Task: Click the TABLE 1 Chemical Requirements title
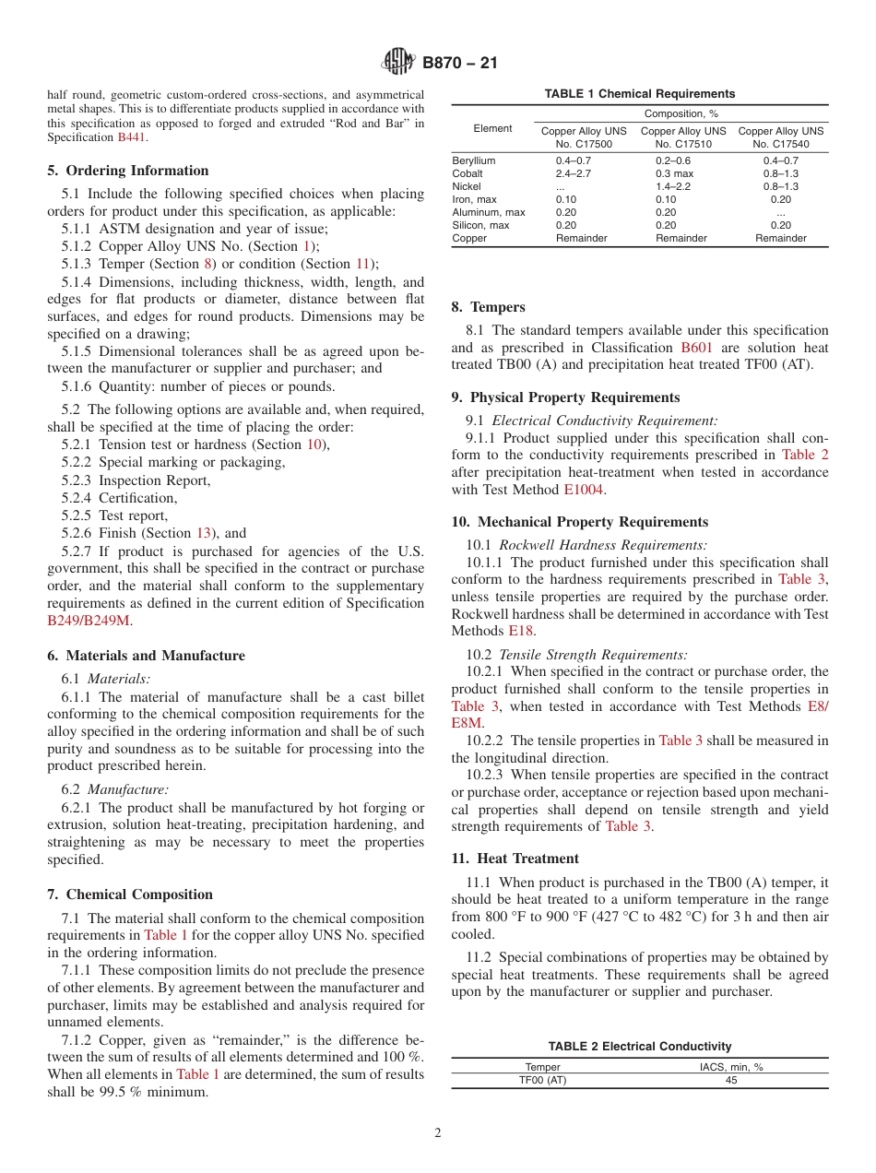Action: coord(639,94)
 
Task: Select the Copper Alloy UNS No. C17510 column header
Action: coord(682,137)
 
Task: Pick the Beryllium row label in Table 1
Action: coord(473,160)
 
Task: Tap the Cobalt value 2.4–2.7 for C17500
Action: coord(574,173)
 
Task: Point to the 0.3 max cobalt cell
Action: coord(674,173)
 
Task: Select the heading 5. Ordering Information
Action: coord(128,171)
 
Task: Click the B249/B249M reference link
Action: coord(89,621)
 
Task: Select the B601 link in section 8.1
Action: coord(696,348)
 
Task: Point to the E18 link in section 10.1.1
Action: coord(519,631)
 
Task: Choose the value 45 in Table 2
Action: coord(730,1080)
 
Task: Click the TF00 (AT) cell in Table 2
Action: coord(542,1080)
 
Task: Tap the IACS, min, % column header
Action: coord(730,1067)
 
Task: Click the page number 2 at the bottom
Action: coord(438,1133)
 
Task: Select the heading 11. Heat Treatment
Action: coord(515,859)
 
